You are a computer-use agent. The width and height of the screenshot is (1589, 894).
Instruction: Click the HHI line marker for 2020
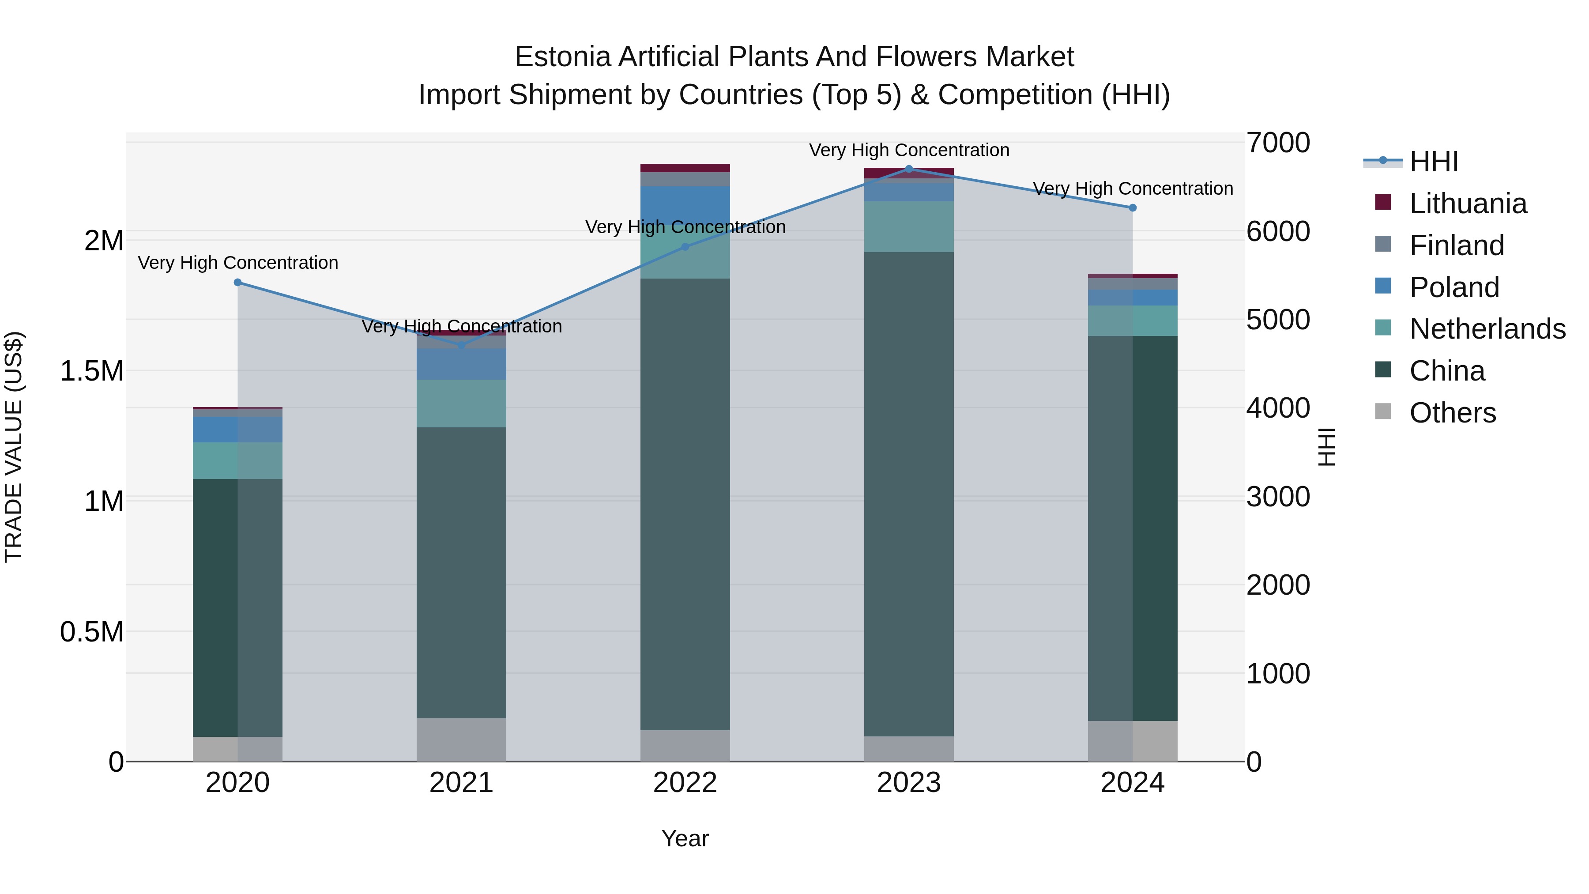(237, 283)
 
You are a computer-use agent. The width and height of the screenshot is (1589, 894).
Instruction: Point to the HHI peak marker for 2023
(909, 169)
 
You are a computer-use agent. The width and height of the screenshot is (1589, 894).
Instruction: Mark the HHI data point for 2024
(1133, 208)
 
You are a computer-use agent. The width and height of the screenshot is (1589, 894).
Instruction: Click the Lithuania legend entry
(1468, 204)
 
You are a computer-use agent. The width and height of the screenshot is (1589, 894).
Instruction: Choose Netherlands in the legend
(1487, 329)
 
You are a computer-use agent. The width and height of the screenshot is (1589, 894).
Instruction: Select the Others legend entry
(1452, 413)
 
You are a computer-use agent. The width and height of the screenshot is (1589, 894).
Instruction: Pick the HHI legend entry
(1434, 162)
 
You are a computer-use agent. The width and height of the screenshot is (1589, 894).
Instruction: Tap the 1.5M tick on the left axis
(91, 371)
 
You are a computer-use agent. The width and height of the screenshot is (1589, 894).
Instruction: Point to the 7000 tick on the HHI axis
(1277, 143)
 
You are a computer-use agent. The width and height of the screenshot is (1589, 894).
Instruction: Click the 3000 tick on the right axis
(1277, 497)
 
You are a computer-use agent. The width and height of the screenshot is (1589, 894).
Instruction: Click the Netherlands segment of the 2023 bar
(909, 226)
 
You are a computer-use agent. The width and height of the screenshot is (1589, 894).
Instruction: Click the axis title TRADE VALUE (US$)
(14, 447)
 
